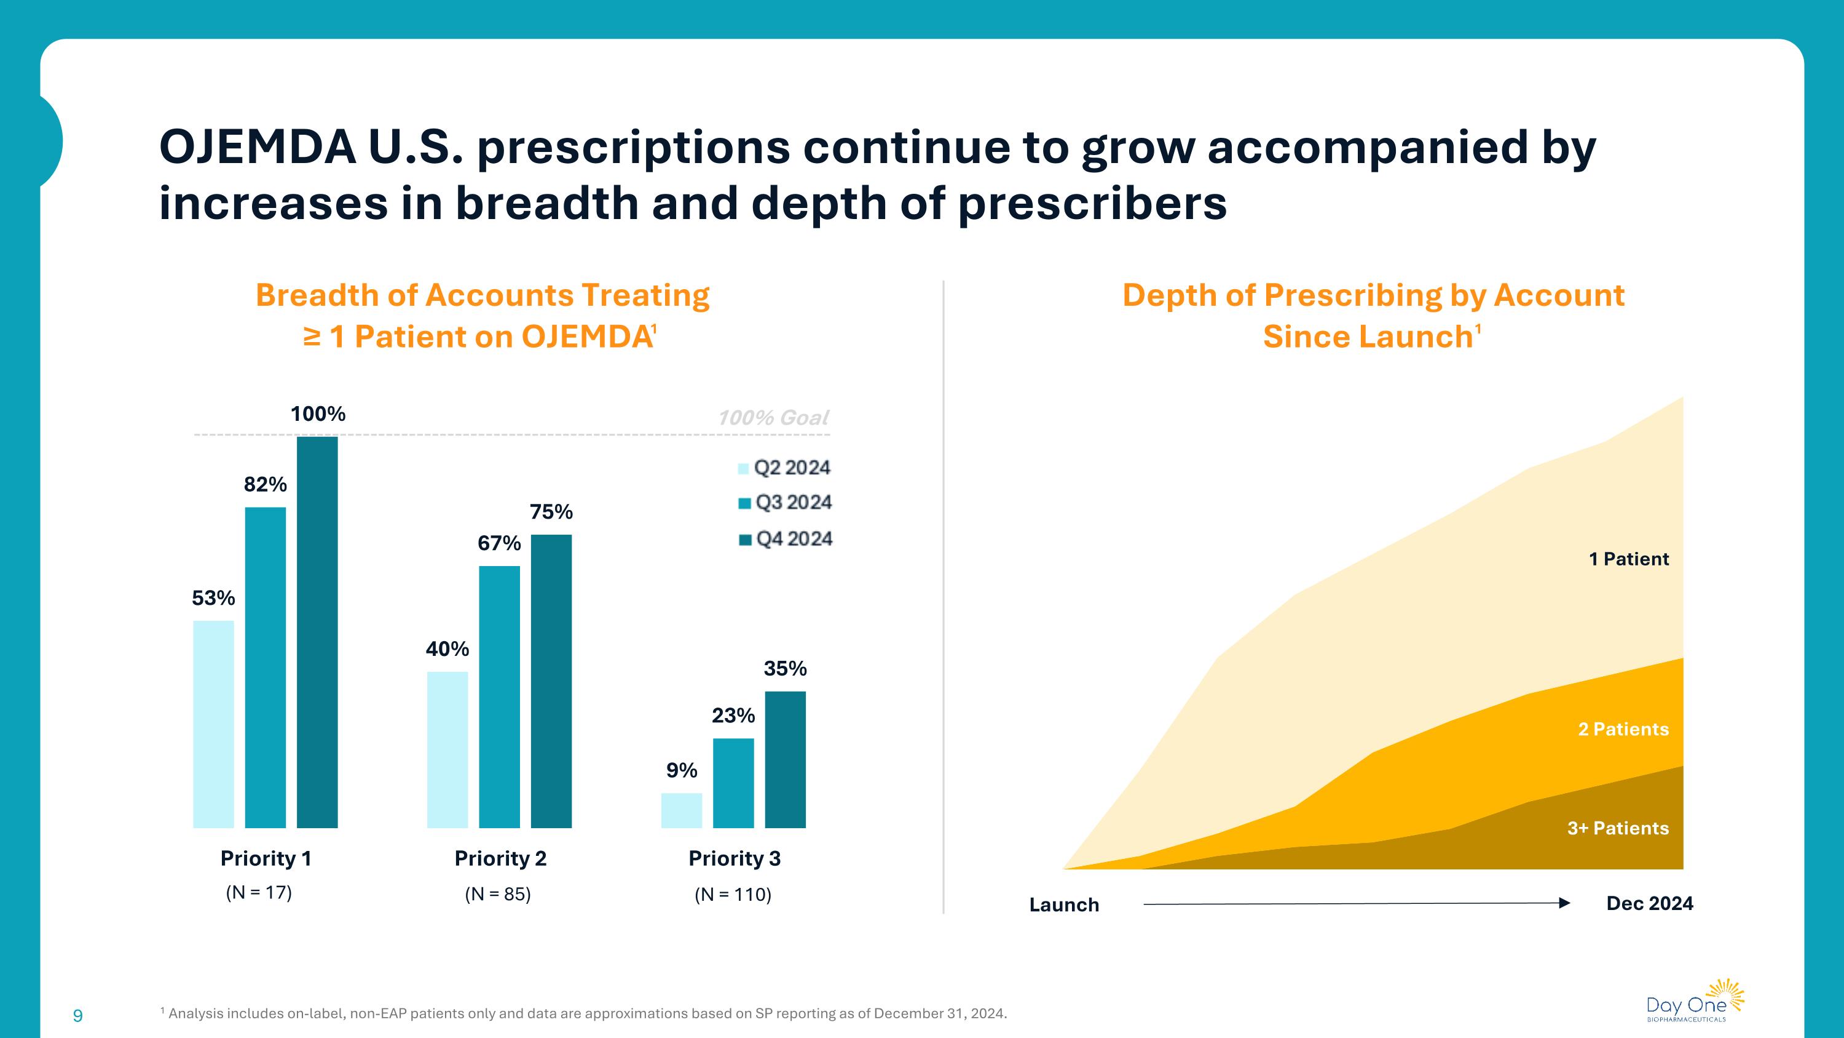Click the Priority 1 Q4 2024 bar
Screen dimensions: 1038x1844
click(x=317, y=632)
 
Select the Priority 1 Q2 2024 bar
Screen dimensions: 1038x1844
click(x=213, y=724)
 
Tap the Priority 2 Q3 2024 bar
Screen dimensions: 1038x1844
click(x=499, y=697)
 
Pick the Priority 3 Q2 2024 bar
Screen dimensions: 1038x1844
click(x=682, y=810)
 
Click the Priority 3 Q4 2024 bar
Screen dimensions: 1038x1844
click(x=786, y=759)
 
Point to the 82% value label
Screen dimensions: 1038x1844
click(x=265, y=485)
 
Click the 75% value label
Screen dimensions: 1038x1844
click(x=551, y=512)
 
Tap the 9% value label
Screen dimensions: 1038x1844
click(x=682, y=771)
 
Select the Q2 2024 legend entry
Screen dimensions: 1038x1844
click(x=784, y=468)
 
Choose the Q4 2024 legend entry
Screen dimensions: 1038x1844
click(x=786, y=539)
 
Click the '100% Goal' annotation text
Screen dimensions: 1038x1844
click(x=773, y=418)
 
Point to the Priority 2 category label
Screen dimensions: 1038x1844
click(x=500, y=858)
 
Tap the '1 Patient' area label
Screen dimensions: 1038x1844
click(x=1628, y=559)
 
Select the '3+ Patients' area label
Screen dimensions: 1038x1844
click(x=1618, y=828)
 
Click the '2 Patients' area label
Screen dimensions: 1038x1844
click(x=1623, y=729)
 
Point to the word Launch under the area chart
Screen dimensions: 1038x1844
click(x=1064, y=904)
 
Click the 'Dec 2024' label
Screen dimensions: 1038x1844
click(x=1649, y=903)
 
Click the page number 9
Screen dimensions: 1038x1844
click(x=78, y=1016)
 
